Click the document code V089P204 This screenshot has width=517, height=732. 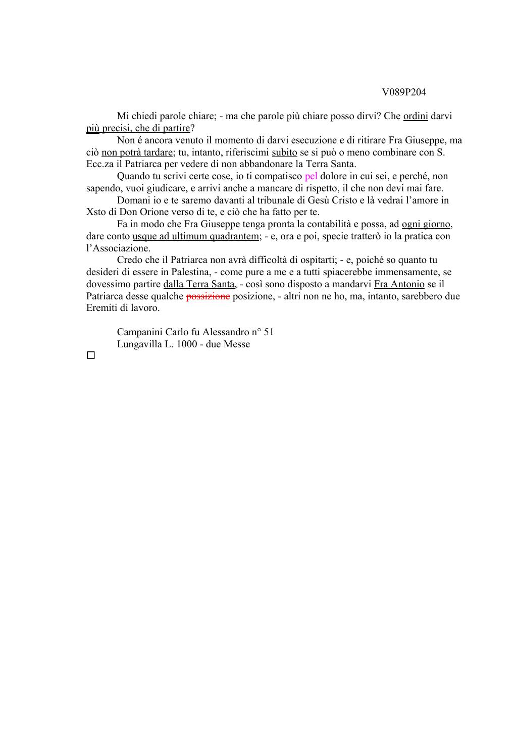(x=404, y=92)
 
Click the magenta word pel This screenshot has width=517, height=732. (x=311, y=176)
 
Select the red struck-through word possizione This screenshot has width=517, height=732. (x=208, y=296)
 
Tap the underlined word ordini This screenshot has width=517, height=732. (x=416, y=116)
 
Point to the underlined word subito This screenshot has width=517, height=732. (x=284, y=152)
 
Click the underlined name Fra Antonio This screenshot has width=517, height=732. (x=399, y=284)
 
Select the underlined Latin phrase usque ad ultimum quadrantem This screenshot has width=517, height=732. (x=195, y=236)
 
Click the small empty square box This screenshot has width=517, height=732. (x=90, y=356)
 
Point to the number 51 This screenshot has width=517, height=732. (x=269, y=332)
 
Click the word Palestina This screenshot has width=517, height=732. (x=186, y=272)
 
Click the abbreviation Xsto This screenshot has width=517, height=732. (x=96, y=212)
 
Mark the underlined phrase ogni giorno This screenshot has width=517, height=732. (x=426, y=224)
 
